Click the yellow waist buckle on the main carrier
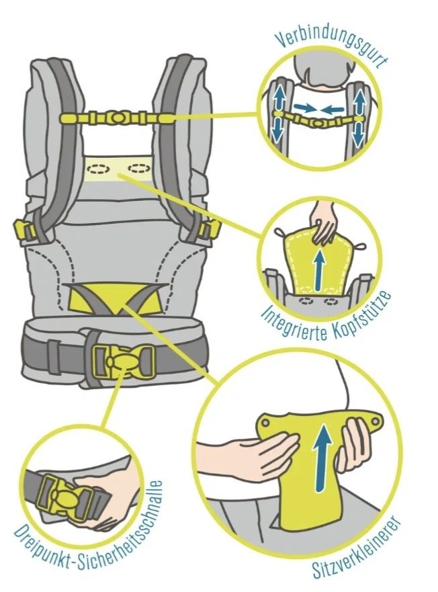(x=124, y=361)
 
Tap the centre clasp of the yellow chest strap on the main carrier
(x=117, y=118)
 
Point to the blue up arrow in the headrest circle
(x=320, y=269)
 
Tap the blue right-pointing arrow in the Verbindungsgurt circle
(x=305, y=109)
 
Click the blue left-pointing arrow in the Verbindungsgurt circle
(x=333, y=110)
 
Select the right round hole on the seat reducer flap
(x=375, y=421)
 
